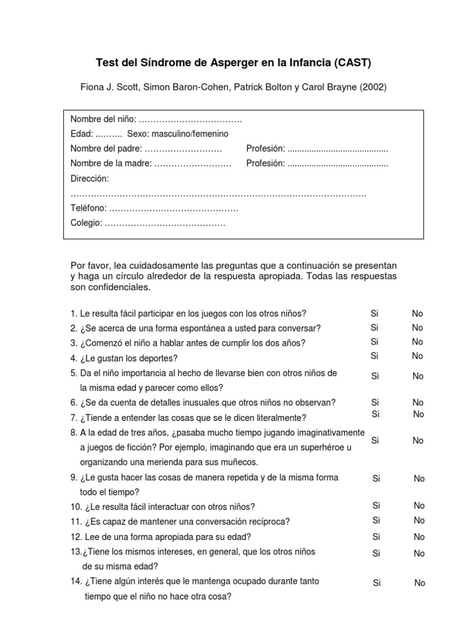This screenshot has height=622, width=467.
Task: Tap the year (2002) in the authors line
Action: (372, 87)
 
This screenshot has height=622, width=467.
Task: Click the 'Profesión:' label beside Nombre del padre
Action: (266, 149)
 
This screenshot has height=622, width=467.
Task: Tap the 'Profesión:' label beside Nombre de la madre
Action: (266, 163)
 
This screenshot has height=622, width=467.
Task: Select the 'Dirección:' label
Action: (90, 179)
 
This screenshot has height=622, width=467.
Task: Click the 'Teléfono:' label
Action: (89, 208)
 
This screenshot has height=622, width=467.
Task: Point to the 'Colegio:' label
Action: (86, 223)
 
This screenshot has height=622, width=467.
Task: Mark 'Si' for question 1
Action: (375, 313)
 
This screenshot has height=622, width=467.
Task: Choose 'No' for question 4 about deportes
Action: (417, 356)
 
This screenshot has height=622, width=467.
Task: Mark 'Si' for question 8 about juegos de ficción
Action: (375, 440)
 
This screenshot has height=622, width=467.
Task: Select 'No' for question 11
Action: (419, 521)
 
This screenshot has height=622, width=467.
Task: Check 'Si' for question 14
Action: (377, 583)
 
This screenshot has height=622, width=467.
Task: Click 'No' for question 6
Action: (418, 403)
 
